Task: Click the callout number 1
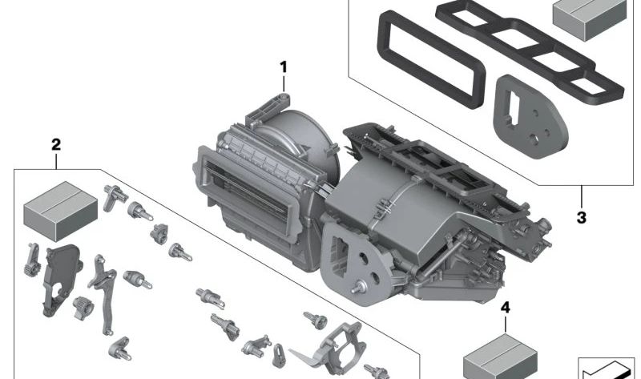(284, 67)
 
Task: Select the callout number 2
(56, 144)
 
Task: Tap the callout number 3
(582, 217)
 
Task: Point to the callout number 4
(506, 308)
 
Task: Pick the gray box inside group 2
(61, 211)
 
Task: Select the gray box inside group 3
(590, 18)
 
